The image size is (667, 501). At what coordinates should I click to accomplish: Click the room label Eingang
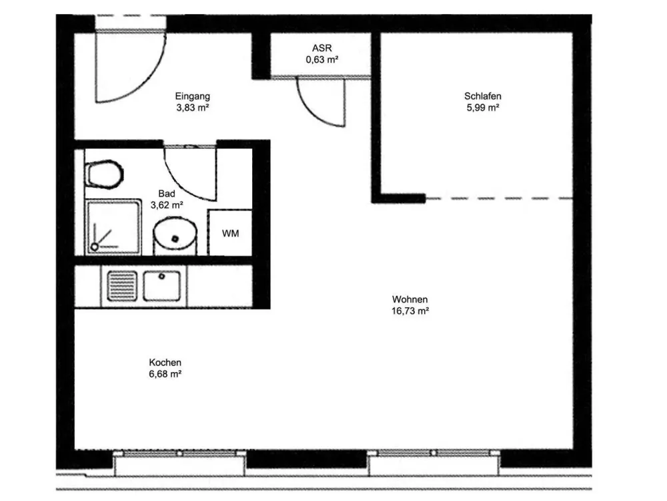(x=192, y=97)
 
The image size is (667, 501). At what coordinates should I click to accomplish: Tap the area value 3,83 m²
(x=193, y=108)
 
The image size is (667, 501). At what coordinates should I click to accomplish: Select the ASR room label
(x=321, y=48)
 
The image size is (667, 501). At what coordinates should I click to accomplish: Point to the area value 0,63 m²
(x=322, y=59)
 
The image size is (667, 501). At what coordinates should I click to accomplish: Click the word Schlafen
(x=483, y=96)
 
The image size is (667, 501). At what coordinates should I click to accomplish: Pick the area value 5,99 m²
(x=483, y=108)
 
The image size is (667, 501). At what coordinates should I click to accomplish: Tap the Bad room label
(x=166, y=194)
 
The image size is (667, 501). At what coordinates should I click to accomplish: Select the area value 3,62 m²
(x=167, y=205)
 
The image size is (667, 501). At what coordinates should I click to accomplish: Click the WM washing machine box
(x=229, y=232)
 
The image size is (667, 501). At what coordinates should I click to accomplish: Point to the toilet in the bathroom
(x=104, y=174)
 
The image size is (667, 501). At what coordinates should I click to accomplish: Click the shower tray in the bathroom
(x=113, y=227)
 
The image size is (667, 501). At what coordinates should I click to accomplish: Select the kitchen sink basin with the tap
(x=161, y=286)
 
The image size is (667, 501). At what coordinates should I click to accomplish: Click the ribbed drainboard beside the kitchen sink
(x=122, y=286)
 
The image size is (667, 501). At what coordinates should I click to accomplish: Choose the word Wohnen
(x=410, y=299)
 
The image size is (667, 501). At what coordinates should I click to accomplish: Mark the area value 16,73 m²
(x=410, y=311)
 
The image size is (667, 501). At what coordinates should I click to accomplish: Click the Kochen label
(x=165, y=363)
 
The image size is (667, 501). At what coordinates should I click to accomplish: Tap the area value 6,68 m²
(x=165, y=374)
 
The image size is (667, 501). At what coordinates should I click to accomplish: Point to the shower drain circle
(x=95, y=246)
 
